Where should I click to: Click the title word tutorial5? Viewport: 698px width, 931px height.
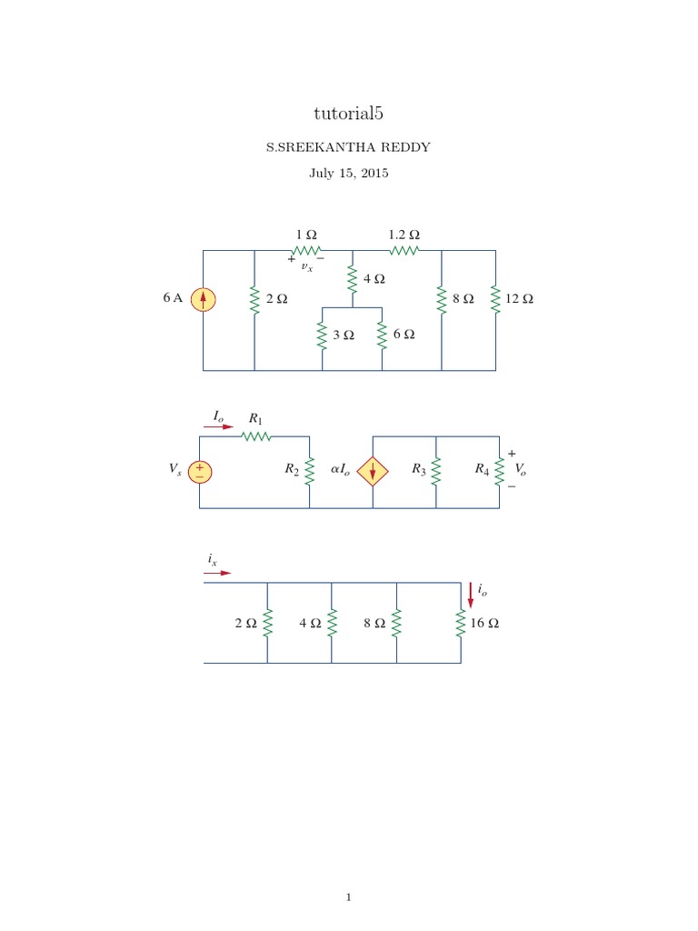pos(348,113)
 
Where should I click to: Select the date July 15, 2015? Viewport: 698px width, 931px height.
pos(348,173)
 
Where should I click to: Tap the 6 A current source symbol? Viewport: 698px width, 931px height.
pos(204,299)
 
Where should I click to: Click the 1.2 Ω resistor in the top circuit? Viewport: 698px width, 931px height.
pos(404,250)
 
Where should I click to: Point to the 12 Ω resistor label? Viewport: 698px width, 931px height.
pos(519,299)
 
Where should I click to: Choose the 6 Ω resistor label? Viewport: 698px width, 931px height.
pos(404,335)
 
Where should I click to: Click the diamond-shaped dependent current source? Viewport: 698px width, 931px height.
pos(373,471)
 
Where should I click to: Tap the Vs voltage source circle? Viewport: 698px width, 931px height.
pos(200,471)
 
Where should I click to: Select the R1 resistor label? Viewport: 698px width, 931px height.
pos(255,419)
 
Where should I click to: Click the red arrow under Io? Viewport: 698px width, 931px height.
pos(218,426)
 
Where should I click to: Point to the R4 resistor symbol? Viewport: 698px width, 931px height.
pos(499,470)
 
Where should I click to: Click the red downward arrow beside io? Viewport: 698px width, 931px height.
pos(471,595)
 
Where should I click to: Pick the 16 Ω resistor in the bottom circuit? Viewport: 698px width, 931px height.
pos(462,624)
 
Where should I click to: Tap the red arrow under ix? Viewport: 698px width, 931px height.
pos(218,574)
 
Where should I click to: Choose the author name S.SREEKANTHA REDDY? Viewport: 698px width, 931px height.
pos(348,145)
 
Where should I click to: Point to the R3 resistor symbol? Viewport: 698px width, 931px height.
pos(436,470)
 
